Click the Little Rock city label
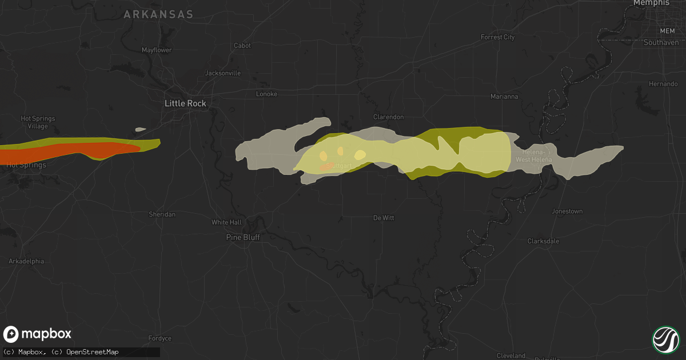point(185,103)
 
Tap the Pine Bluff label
point(243,237)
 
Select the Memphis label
point(651,3)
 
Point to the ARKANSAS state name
point(159,15)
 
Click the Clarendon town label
point(389,117)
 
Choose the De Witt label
point(384,218)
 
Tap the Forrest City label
point(497,37)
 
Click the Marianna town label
point(504,97)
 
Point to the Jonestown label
point(567,211)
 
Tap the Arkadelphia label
point(26,261)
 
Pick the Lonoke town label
point(266,94)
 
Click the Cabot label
point(242,46)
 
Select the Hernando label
point(663,84)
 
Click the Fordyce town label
point(159,338)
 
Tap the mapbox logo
point(38,334)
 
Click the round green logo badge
point(665,339)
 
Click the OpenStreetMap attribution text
point(92,352)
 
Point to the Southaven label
point(661,42)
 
